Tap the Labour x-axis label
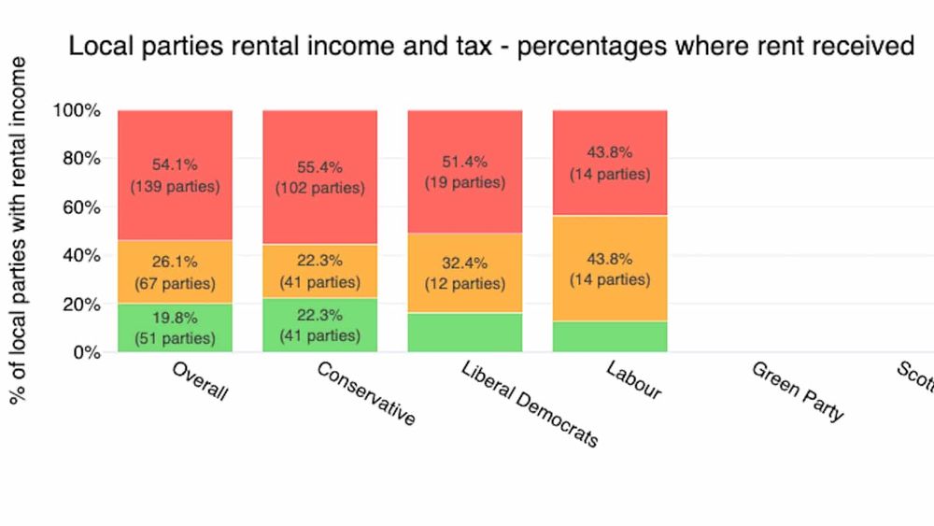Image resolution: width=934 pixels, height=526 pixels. tap(634, 380)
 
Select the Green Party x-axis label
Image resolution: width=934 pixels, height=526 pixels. tap(798, 391)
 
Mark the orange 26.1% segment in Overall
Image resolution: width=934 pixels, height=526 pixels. tap(175, 272)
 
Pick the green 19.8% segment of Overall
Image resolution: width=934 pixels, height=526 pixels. tap(175, 327)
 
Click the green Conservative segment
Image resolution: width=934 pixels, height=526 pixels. tap(319, 325)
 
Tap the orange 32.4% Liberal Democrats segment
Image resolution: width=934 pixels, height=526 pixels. tap(464, 273)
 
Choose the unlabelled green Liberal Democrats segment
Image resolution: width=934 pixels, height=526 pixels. tap(464, 333)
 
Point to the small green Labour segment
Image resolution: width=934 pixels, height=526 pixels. tap(610, 336)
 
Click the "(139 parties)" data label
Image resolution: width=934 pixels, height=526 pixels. tap(175, 187)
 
